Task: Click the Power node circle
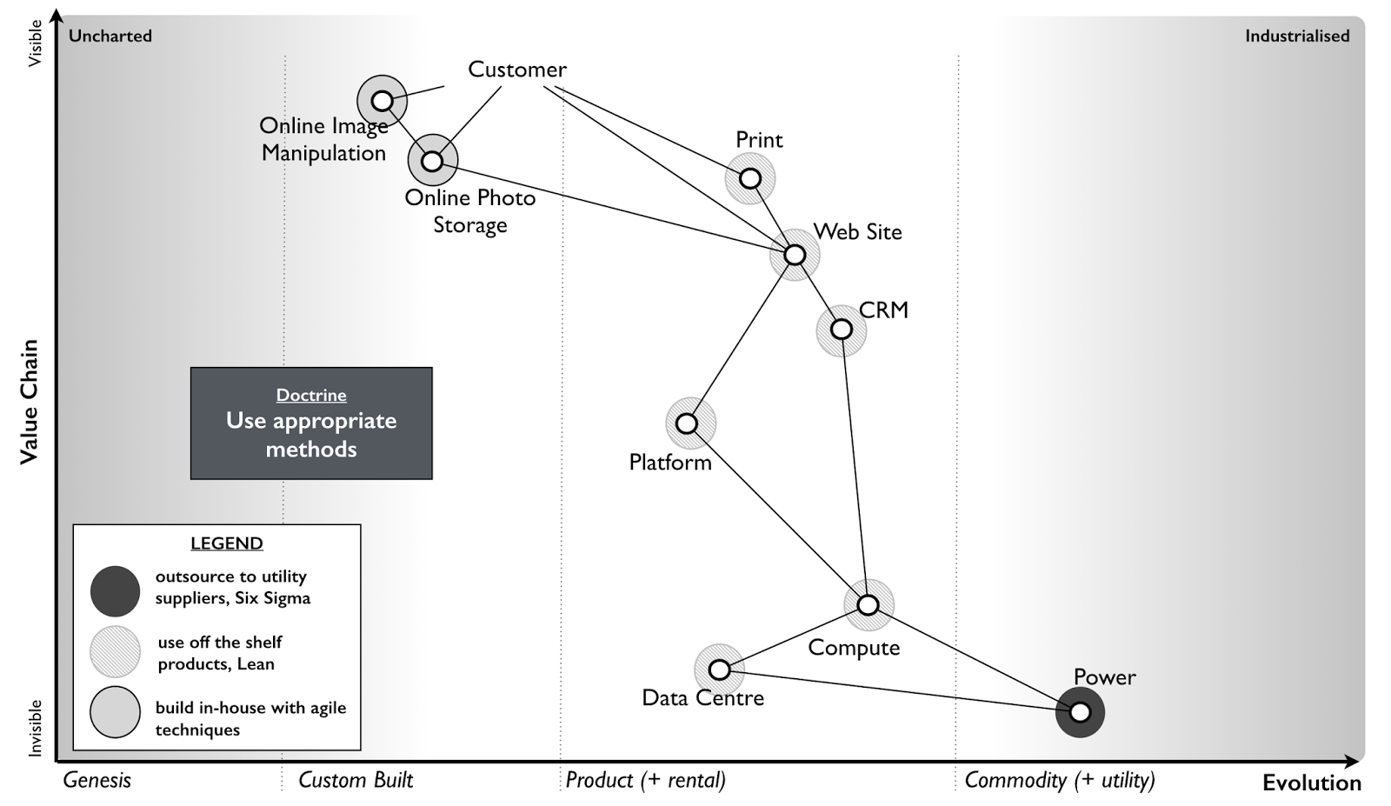(x=1080, y=712)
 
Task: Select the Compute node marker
(x=869, y=605)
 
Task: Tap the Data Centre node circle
(x=719, y=670)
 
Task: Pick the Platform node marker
(x=687, y=423)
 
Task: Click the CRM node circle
(x=842, y=330)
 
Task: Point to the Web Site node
(x=795, y=255)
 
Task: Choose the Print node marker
(x=750, y=179)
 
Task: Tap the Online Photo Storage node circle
(x=432, y=161)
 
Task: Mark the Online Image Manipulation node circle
(x=382, y=101)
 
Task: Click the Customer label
(x=517, y=69)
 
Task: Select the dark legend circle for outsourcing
(x=115, y=591)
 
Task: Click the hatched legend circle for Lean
(x=115, y=651)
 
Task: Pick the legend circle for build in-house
(x=115, y=711)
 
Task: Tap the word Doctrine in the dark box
(x=311, y=395)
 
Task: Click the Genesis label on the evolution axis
(x=97, y=780)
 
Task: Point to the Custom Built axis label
(x=356, y=780)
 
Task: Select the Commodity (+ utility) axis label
(x=1060, y=780)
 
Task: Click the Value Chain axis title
(x=29, y=402)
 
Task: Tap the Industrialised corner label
(x=1297, y=36)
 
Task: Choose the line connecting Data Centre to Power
(x=899, y=691)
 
